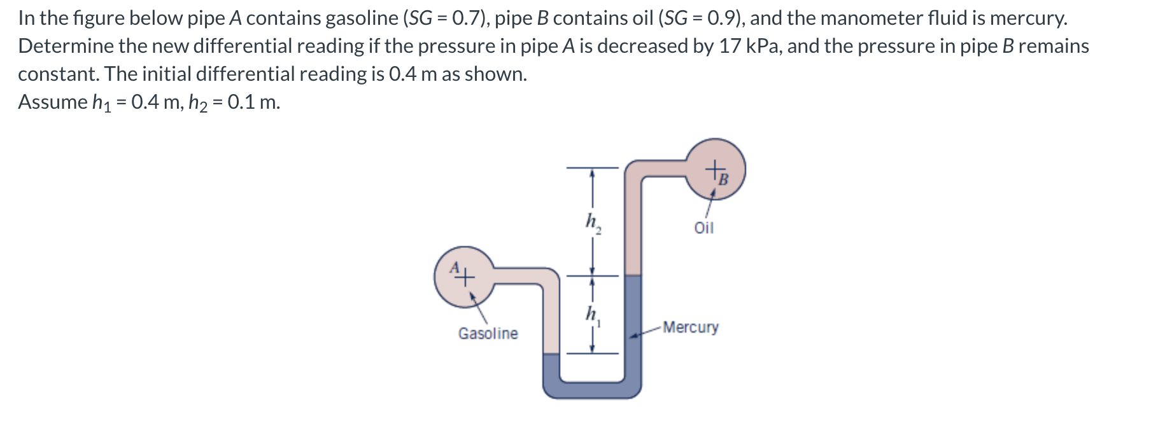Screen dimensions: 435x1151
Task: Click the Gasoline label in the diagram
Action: [x=488, y=333]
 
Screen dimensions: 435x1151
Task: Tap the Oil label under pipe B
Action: [x=703, y=228]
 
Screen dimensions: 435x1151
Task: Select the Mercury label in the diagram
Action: [x=690, y=328]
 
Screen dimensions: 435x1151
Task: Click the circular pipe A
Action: [x=464, y=277]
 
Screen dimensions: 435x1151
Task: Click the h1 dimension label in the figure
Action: [x=593, y=315]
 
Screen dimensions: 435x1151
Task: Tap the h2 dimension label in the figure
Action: [x=593, y=223]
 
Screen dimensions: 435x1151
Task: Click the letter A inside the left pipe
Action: [x=455, y=268]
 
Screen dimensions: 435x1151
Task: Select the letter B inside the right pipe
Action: [x=723, y=179]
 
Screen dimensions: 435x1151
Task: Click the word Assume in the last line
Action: [x=53, y=102]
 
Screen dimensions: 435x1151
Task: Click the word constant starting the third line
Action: [x=59, y=74]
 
